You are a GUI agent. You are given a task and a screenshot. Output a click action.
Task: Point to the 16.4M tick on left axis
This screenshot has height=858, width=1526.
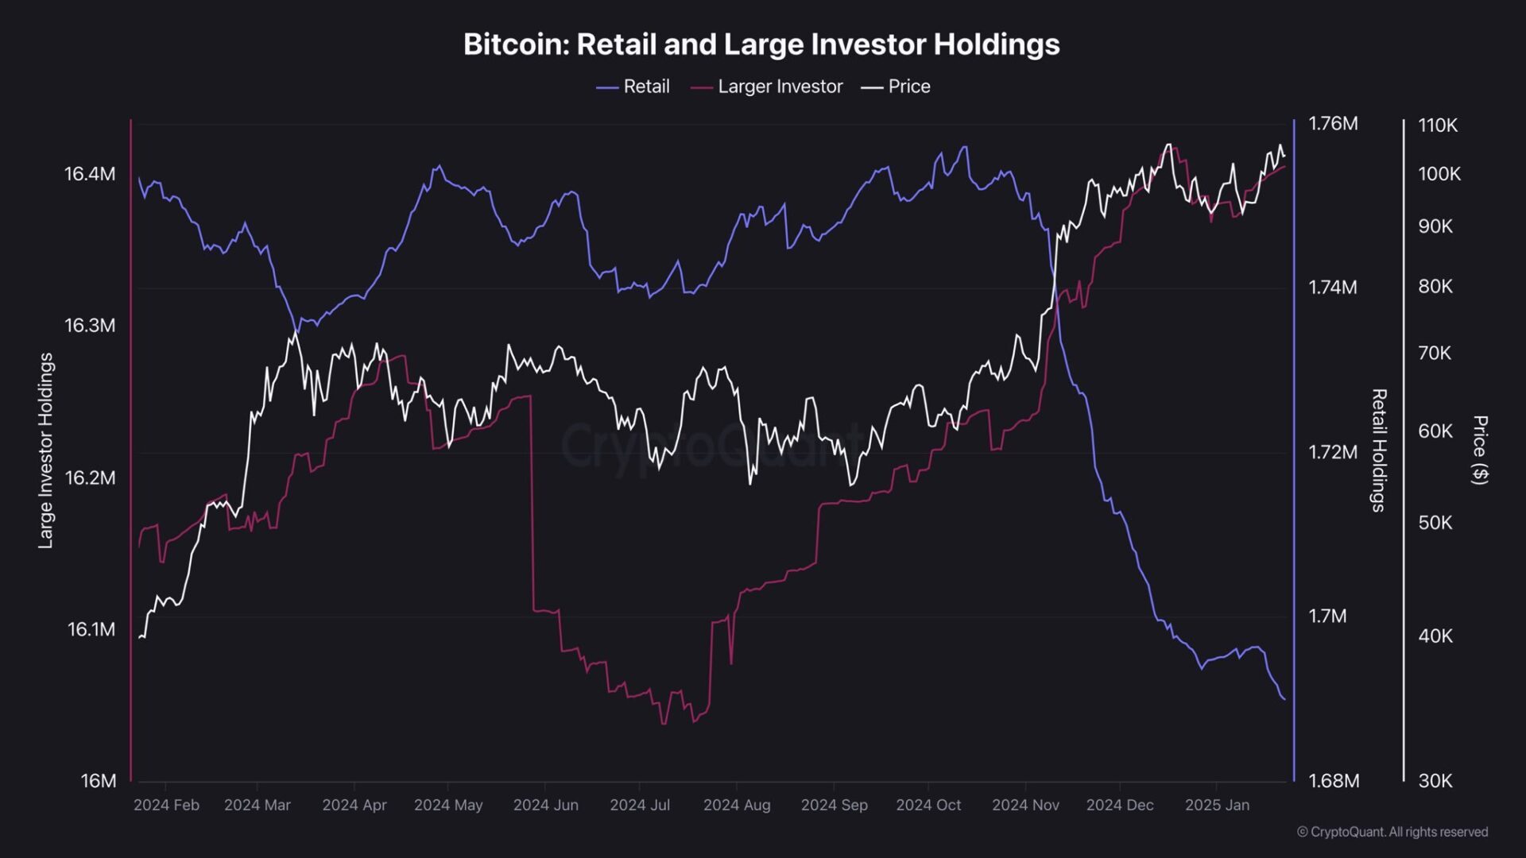tap(90, 174)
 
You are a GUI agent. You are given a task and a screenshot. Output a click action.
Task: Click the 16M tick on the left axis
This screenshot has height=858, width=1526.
tap(99, 781)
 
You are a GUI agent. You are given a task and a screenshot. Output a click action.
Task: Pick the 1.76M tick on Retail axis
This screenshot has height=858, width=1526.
tap(1333, 124)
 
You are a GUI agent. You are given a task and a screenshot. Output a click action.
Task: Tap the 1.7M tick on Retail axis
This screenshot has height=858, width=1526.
tap(1327, 616)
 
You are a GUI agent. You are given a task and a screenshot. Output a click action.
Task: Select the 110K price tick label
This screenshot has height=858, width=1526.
tap(1438, 126)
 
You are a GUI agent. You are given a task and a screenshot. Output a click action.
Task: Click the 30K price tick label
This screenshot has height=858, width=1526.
tap(1435, 781)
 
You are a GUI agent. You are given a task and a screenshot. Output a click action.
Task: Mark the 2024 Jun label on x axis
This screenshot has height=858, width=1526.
tap(545, 805)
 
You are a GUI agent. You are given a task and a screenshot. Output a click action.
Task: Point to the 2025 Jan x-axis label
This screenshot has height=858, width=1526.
tap(1217, 805)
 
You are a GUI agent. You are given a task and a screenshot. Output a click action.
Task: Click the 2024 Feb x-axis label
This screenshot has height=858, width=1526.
tap(166, 805)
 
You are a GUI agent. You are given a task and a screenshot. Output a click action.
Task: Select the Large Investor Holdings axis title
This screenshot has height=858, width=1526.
tap(46, 450)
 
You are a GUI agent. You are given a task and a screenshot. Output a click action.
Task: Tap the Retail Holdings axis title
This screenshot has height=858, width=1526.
tap(1379, 450)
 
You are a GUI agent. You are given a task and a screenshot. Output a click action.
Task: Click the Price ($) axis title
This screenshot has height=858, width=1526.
tap(1479, 450)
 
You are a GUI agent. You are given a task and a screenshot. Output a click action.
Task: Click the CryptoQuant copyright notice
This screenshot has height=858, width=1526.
tap(1392, 832)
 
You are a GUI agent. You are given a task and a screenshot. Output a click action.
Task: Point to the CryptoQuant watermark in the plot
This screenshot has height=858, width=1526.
tap(711, 446)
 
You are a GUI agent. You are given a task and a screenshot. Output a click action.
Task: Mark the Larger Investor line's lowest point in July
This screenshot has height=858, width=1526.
tap(664, 724)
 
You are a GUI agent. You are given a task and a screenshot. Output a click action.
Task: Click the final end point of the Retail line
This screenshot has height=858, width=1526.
tap(1284, 700)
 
